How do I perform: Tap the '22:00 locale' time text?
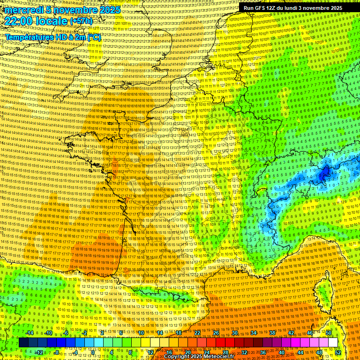point(36,21)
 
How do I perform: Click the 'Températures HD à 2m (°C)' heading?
point(53,37)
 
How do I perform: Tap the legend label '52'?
point(338,352)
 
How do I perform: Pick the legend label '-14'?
point(30,333)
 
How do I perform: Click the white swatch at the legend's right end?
point(333,343)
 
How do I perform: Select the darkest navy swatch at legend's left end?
point(23,343)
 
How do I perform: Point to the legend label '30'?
point(235,333)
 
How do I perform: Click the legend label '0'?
point(93,352)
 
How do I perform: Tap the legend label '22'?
point(197,333)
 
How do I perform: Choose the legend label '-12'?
point(39,352)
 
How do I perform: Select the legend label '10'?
point(141,333)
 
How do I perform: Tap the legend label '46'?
point(310,333)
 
